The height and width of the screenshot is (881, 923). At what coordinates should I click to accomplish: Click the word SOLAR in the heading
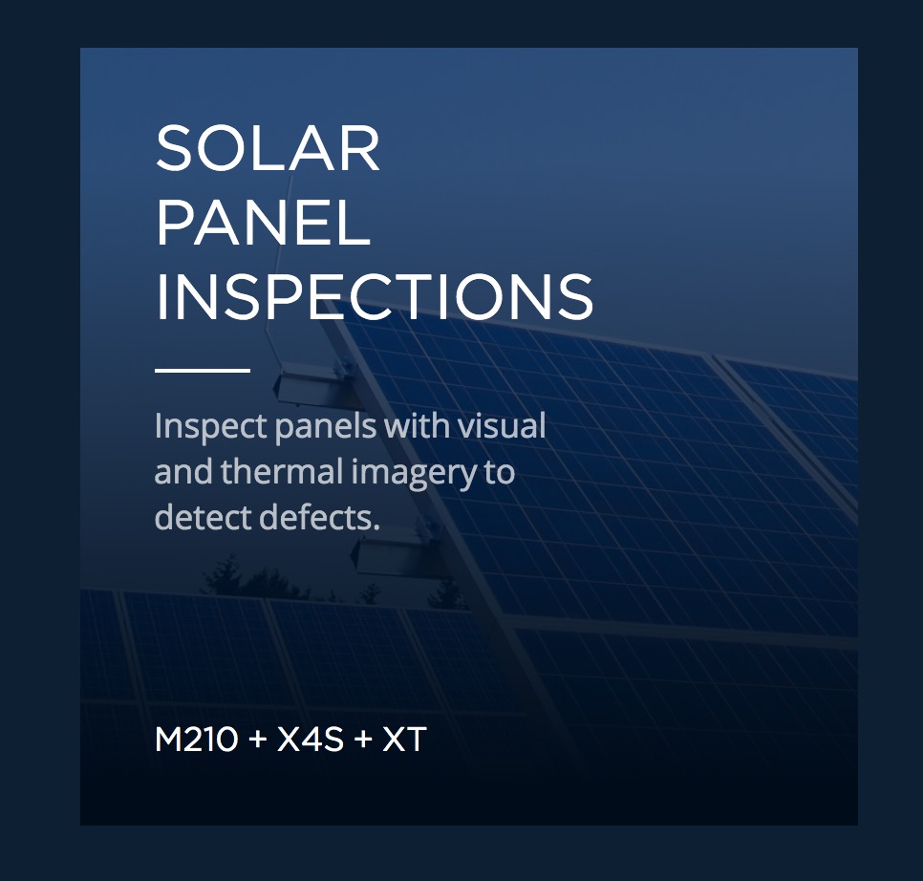(268, 148)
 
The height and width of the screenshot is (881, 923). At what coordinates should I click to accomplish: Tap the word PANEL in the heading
(263, 223)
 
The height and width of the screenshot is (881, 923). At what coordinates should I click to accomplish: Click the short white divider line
(203, 370)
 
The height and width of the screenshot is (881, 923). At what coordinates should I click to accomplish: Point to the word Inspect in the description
(211, 427)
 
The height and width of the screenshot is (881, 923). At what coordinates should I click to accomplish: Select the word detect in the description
(204, 517)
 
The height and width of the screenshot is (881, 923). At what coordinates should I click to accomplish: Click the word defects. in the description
(319, 517)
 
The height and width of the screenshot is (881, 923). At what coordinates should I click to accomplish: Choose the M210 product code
(197, 740)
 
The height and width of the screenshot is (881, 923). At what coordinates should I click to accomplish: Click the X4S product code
(310, 740)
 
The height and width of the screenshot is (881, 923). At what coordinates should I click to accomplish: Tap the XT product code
(404, 740)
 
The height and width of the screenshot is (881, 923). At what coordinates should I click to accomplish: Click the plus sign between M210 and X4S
(257, 740)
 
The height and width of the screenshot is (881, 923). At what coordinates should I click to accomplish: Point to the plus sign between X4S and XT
(363, 740)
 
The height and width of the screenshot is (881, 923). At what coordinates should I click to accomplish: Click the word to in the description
(500, 473)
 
